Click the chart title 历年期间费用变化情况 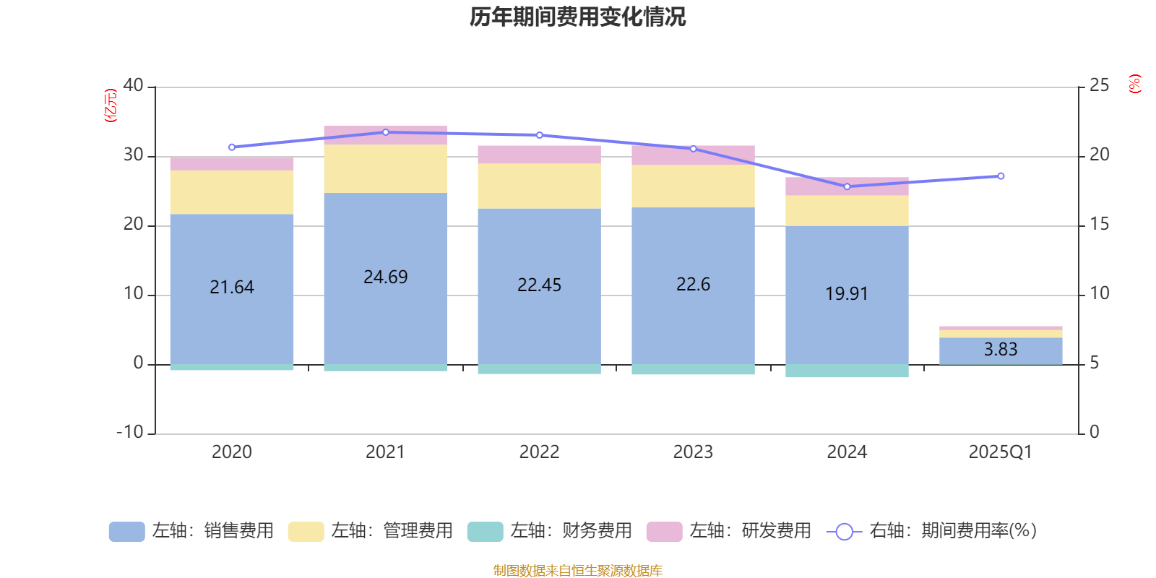point(577,17)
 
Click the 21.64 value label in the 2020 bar point(232,287)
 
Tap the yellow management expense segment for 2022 point(539,186)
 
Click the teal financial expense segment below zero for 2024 point(847,371)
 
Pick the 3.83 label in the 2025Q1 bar point(1001,350)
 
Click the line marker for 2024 point(847,186)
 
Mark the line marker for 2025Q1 point(1001,176)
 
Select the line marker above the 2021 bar point(385,132)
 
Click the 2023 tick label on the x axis point(693,452)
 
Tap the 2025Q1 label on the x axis point(1001,452)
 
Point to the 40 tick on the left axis point(134,86)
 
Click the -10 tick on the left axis point(131,433)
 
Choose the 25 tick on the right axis point(1099,86)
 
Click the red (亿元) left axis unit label point(111,105)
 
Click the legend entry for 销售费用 point(191,531)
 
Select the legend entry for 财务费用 point(550,531)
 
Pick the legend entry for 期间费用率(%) point(932,531)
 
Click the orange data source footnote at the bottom point(577,571)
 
